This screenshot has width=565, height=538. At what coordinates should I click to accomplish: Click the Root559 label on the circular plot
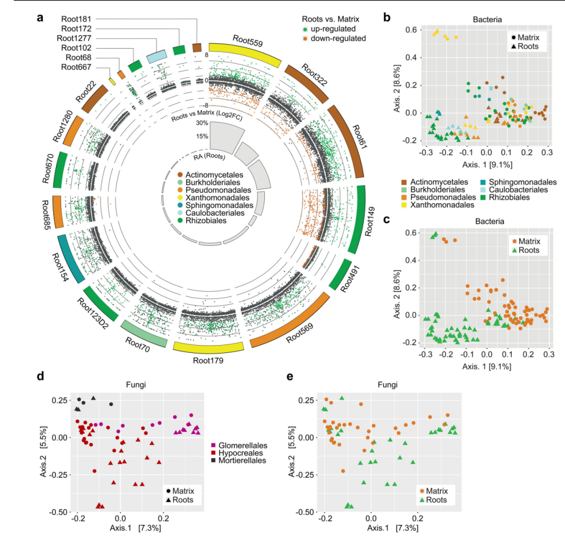pyautogui.click(x=247, y=40)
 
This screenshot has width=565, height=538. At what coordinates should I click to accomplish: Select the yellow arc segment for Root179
pyautogui.click(x=209, y=347)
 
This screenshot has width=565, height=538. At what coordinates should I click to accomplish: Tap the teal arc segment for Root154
pyautogui.click(x=71, y=259)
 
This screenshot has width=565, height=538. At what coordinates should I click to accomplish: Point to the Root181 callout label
pyautogui.click(x=76, y=19)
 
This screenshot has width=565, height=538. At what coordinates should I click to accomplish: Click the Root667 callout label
pyautogui.click(x=76, y=67)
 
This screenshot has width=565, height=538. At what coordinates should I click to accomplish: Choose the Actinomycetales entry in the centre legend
pyautogui.click(x=210, y=175)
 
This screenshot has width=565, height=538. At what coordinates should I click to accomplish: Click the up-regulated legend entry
pyautogui.click(x=329, y=29)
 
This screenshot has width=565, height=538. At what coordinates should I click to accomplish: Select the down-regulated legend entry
pyautogui.click(x=334, y=39)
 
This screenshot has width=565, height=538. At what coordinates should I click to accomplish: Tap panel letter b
pyautogui.click(x=387, y=17)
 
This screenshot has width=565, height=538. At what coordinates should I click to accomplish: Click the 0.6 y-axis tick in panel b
pyautogui.click(x=411, y=30)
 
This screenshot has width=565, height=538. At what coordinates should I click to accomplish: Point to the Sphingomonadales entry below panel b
pyautogui.click(x=518, y=182)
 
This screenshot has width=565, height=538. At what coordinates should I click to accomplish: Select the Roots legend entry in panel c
pyautogui.click(x=525, y=250)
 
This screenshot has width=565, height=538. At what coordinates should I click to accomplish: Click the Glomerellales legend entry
pyautogui.click(x=239, y=445)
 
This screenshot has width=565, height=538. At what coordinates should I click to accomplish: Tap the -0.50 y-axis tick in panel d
pyautogui.click(x=59, y=512)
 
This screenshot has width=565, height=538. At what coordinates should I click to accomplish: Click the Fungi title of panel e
pyautogui.click(x=387, y=385)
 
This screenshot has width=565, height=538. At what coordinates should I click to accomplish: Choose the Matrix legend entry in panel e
pyautogui.click(x=434, y=491)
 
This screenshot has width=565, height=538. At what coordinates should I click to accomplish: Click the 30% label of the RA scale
pyautogui.click(x=202, y=123)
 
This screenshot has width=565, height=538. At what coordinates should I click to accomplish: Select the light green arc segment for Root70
pyautogui.click(x=144, y=334)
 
